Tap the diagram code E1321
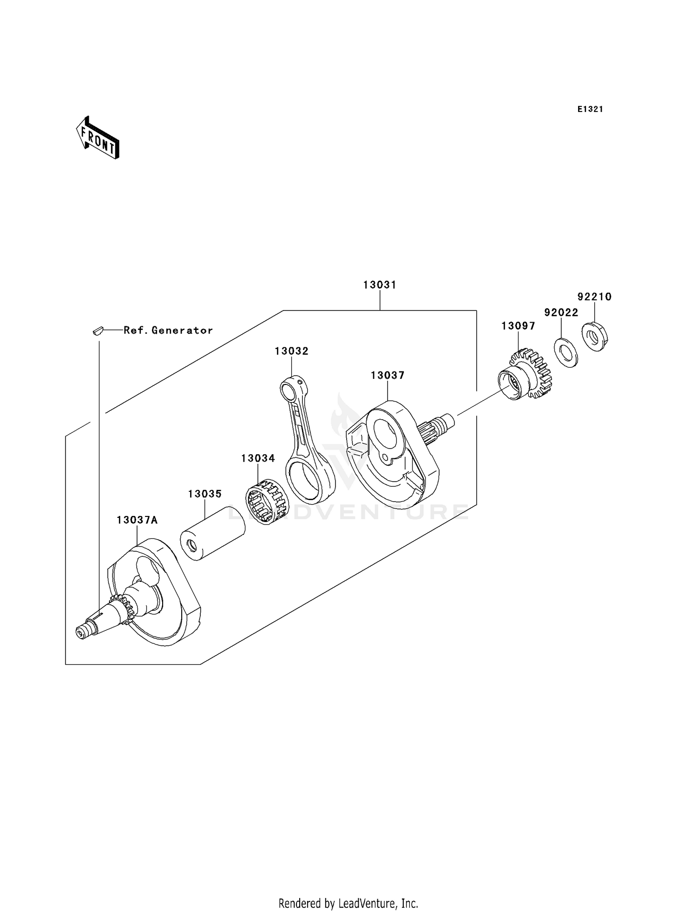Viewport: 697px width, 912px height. (x=590, y=109)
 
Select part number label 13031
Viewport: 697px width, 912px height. (x=380, y=285)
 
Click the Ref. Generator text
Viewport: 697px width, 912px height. (x=168, y=330)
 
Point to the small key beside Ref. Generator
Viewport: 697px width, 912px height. (x=97, y=330)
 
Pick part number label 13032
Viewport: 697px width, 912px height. (x=291, y=351)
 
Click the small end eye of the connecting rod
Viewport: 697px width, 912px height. (x=290, y=388)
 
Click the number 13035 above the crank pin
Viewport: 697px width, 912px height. (x=205, y=494)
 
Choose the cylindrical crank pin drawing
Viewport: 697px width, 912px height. (x=212, y=533)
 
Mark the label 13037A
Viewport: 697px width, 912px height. (x=137, y=520)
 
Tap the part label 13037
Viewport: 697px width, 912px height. (x=388, y=375)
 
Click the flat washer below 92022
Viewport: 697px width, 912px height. (x=565, y=352)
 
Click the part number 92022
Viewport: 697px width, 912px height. (x=561, y=312)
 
